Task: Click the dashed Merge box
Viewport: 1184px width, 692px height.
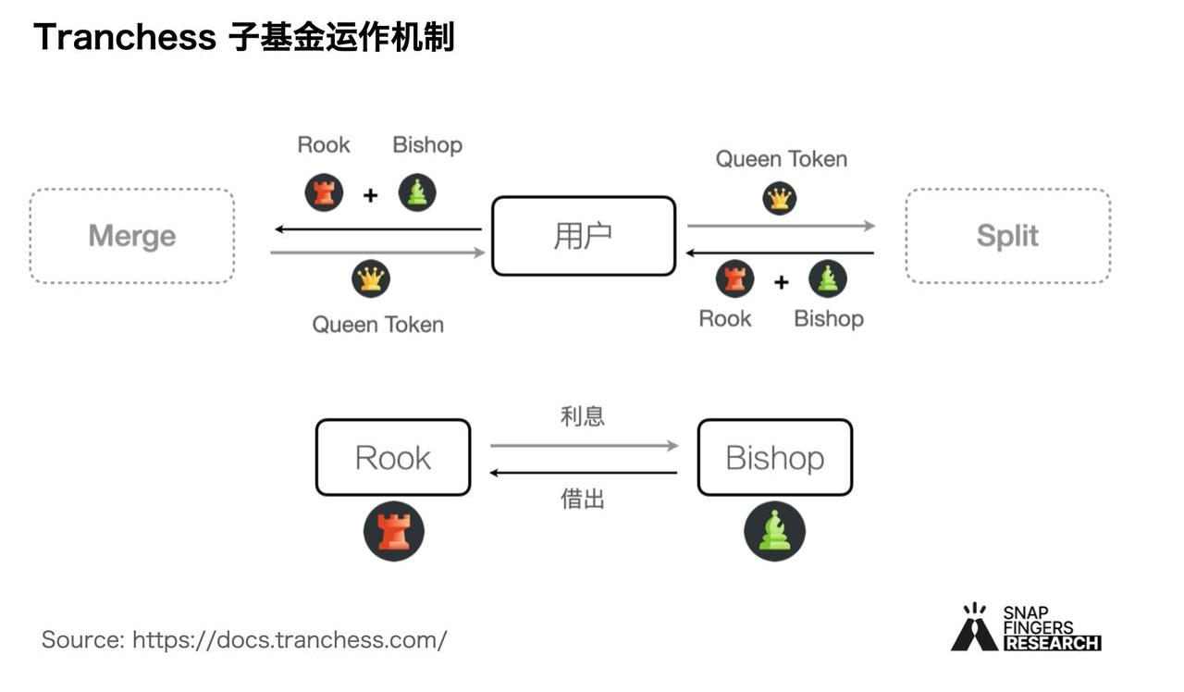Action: click(x=131, y=236)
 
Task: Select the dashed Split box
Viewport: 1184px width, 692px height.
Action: click(x=1007, y=236)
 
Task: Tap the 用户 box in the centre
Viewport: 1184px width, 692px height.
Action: click(x=584, y=236)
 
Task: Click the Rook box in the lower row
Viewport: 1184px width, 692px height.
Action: click(x=393, y=457)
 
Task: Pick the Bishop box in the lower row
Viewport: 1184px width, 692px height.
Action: click(x=774, y=457)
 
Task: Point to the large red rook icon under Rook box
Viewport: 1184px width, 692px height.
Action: click(x=394, y=531)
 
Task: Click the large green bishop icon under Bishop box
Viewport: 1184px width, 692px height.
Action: click(x=775, y=531)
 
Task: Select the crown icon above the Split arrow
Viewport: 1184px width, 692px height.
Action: click(x=780, y=198)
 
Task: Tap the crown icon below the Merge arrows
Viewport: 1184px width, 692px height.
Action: click(x=371, y=278)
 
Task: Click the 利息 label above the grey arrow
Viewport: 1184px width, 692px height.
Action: click(x=583, y=416)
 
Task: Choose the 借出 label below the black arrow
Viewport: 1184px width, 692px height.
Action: click(x=583, y=500)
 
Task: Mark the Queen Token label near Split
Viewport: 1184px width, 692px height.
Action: click(x=782, y=159)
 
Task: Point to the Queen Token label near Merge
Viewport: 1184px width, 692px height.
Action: click(x=377, y=325)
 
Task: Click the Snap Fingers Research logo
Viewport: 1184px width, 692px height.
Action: click(x=1026, y=628)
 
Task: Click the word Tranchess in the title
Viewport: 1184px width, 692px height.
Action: click(x=124, y=38)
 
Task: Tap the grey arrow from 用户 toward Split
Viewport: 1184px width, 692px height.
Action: click(x=781, y=225)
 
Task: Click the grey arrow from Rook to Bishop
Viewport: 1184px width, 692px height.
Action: click(x=584, y=446)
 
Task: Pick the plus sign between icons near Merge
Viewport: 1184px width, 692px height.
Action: click(x=370, y=195)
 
